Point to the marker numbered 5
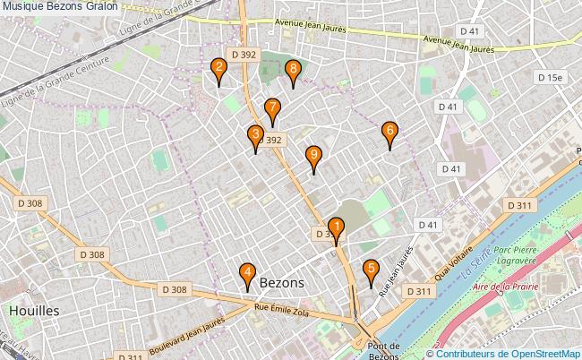click(371, 270)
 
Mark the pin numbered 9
click(312, 158)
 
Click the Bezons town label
click(281, 282)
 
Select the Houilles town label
click(33, 310)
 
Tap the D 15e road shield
click(551, 78)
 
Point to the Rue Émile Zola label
click(281, 311)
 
